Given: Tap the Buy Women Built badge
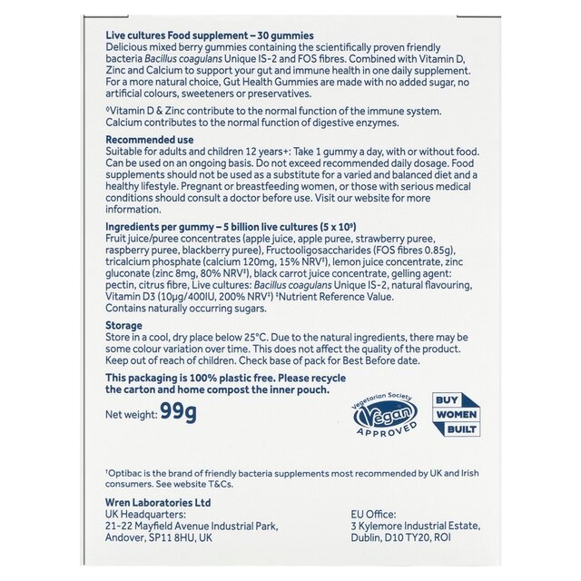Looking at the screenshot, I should point(455,414).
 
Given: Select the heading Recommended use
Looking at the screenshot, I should point(149,140).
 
